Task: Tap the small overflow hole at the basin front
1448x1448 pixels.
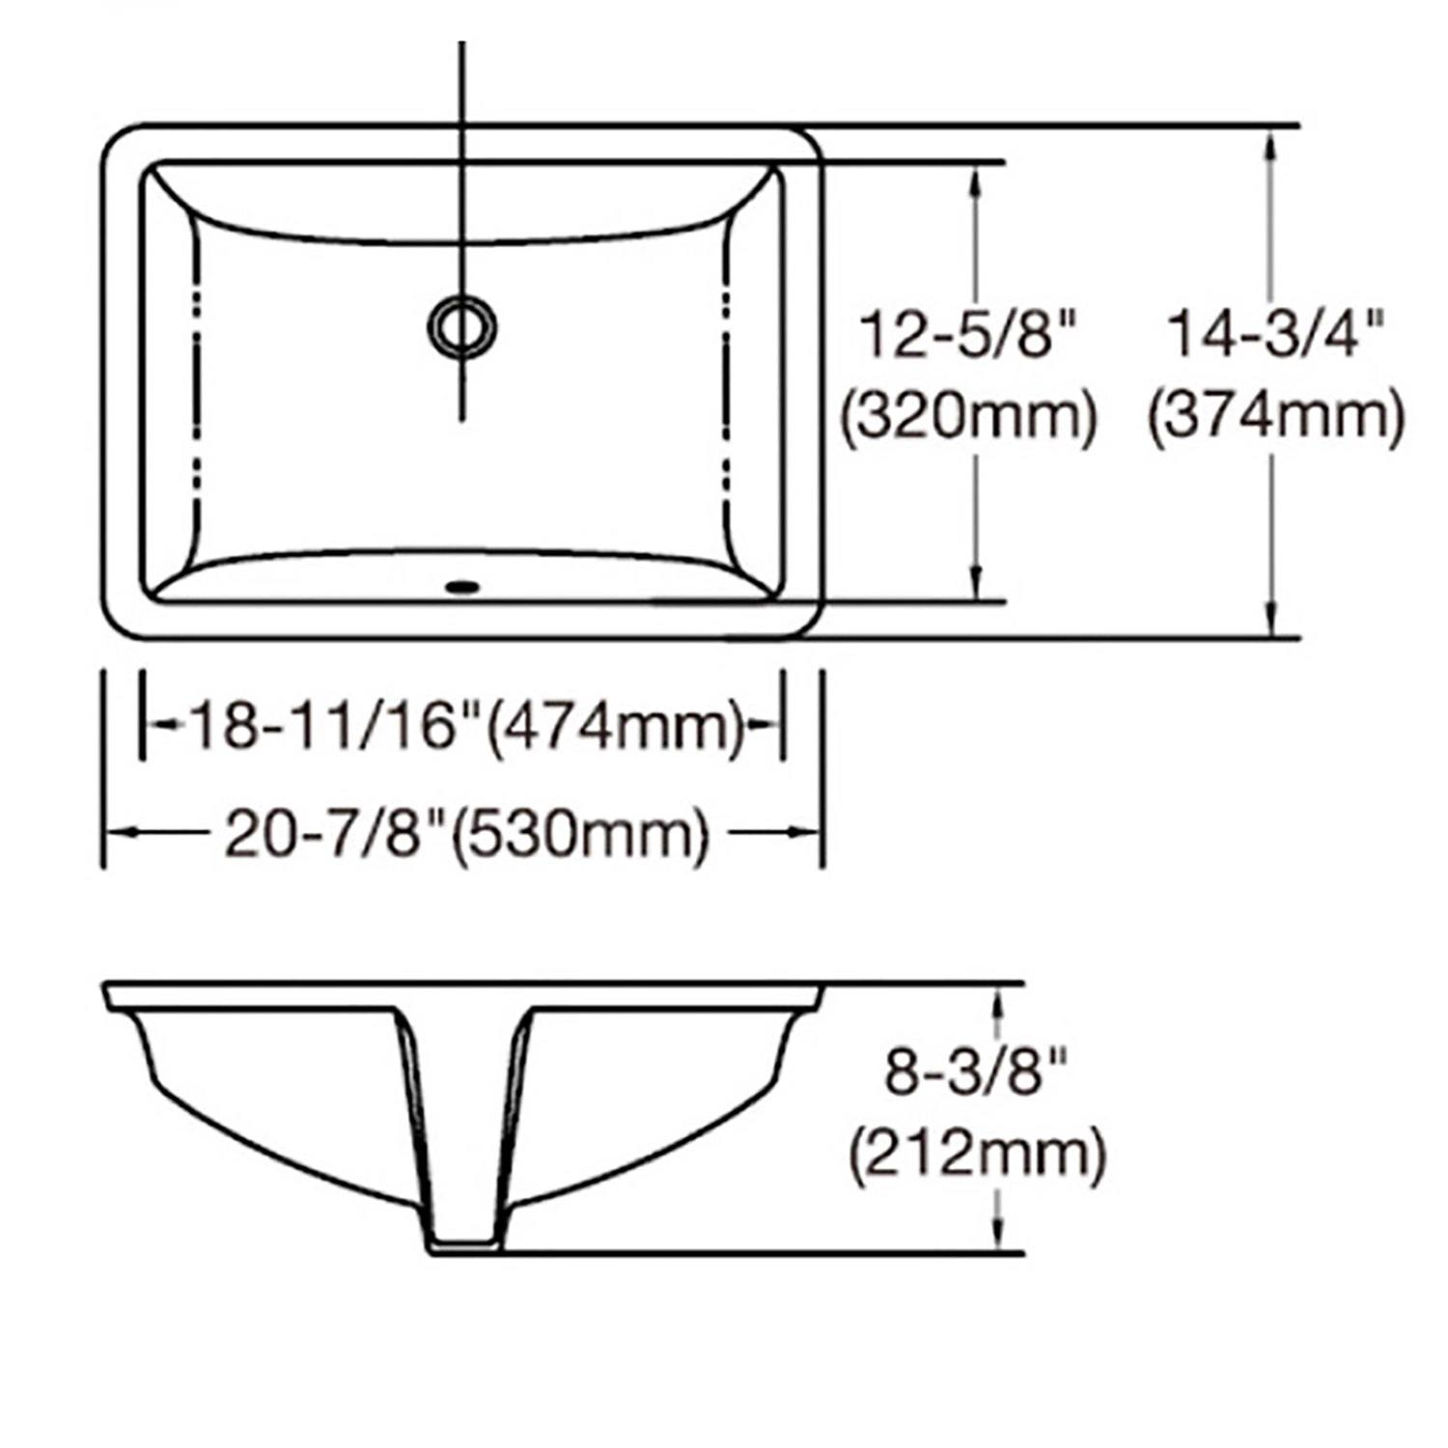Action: tap(462, 585)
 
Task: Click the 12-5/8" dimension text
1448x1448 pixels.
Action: tap(967, 334)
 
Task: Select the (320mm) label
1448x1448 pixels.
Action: tap(968, 418)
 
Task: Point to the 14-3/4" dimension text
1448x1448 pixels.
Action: tap(1275, 334)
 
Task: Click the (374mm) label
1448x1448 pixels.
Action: tap(1275, 418)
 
